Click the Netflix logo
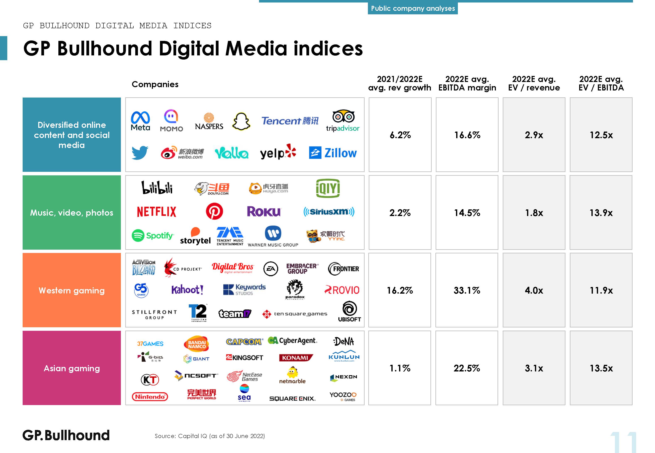pyautogui.click(x=157, y=212)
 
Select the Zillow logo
pyautogui.click(x=333, y=153)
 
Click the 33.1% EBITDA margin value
pyautogui.click(x=467, y=290)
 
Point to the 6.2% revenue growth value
pyautogui.click(x=400, y=135)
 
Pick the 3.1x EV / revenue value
pyautogui.click(x=534, y=368)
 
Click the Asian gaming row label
pyautogui.click(x=72, y=368)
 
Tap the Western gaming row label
pyautogui.click(x=72, y=290)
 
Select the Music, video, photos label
pyautogui.click(x=72, y=212)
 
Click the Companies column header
pyautogui.click(x=155, y=84)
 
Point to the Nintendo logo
pyautogui.click(x=150, y=397)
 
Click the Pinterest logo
pyautogui.click(x=214, y=211)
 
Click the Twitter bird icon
pyautogui.click(x=140, y=153)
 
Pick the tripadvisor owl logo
pyautogui.click(x=343, y=121)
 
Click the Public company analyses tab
pyautogui.click(x=413, y=8)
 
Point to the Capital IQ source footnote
pyautogui.click(x=210, y=436)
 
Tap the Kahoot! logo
pyautogui.click(x=187, y=290)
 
